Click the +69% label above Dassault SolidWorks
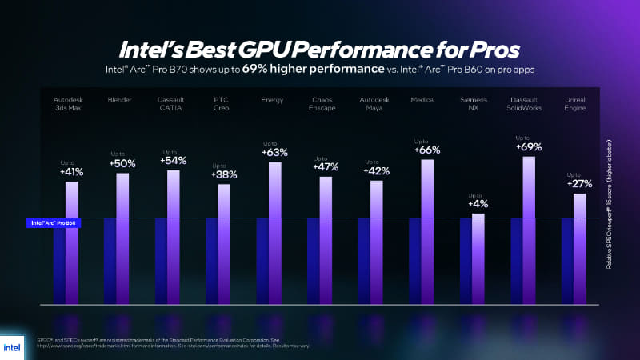pos(530,146)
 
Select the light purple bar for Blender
pos(122,238)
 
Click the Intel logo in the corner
pos(15,345)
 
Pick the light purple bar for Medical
pos(427,232)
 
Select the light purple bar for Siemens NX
pos(478,258)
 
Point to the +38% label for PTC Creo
pos(223,174)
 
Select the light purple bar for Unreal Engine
pos(580,248)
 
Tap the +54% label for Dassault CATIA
pos(173,160)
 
